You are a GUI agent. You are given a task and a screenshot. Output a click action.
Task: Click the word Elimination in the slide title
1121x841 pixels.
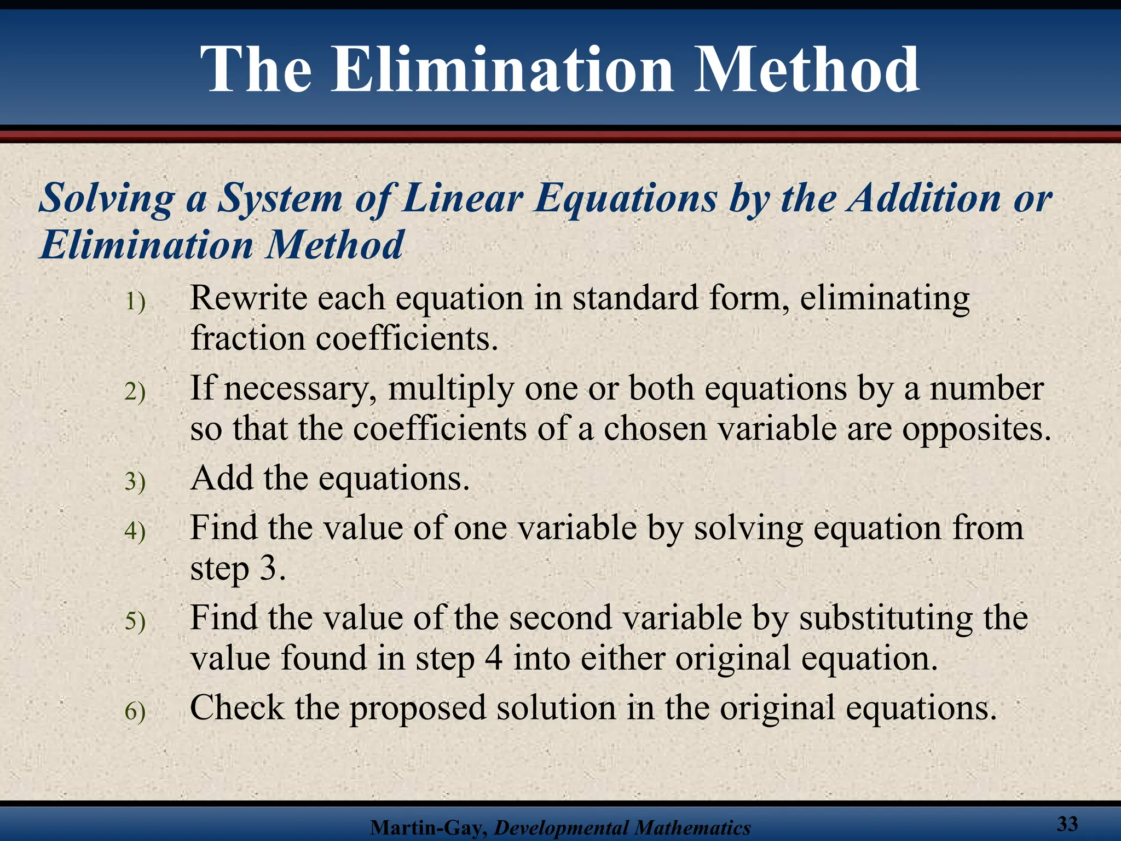tap(502, 70)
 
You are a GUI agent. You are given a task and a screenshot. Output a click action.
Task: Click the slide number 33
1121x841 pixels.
tap(1067, 823)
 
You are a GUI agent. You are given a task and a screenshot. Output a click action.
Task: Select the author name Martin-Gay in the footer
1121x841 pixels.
tap(429, 827)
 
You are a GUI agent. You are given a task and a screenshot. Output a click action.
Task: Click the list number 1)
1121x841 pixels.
tap(135, 302)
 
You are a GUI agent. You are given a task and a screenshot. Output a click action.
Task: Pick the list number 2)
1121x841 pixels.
tap(135, 392)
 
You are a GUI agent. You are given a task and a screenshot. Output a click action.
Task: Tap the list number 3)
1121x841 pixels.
tap(135, 482)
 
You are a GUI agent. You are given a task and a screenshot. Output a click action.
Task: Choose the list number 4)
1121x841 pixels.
tap(135, 531)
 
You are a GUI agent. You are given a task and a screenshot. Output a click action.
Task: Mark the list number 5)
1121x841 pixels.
tap(135, 621)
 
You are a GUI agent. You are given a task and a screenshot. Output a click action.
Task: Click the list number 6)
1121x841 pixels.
tap(135, 711)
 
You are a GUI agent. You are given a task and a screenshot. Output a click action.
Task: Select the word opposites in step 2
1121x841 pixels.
tap(976, 429)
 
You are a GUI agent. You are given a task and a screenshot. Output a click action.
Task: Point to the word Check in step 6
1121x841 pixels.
tap(236, 707)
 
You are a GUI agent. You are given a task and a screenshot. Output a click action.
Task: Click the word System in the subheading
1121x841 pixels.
tap(280, 198)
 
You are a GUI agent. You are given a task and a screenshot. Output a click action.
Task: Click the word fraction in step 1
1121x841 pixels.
tap(247, 338)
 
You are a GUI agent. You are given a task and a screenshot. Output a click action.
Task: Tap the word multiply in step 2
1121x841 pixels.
tap(450, 389)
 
